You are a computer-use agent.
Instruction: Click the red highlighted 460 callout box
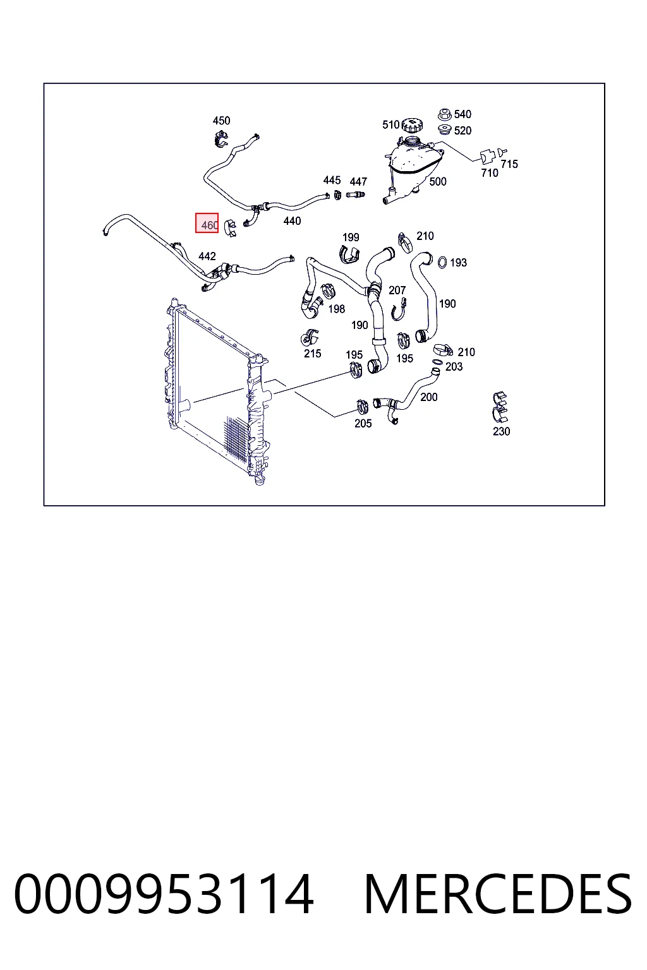click(x=207, y=223)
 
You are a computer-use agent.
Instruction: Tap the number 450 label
click(x=221, y=121)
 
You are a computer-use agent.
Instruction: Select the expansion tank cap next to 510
click(x=412, y=126)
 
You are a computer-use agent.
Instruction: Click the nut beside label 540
click(x=445, y=115)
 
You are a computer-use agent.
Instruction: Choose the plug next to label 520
click(x=445, y=129)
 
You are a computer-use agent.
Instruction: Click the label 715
click(x=509, y=164)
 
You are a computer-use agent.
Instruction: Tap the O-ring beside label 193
click(x=442, y=263)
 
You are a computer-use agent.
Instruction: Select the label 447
click(x=358, y=181)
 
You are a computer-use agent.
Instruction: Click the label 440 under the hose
click(x=292, y=221)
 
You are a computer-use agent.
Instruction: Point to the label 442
click(x=207, y=256)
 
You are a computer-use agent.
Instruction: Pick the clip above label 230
click(x=500, y=407)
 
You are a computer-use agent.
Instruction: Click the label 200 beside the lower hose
click(x=428, y=397)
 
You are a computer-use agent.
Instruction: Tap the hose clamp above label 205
click(x=362, y=407)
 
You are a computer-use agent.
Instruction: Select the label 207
click(x=397, y=290)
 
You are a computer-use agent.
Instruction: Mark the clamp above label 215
click(x=310, y=337)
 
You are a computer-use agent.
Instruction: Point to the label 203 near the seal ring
click(x=454, y=367)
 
